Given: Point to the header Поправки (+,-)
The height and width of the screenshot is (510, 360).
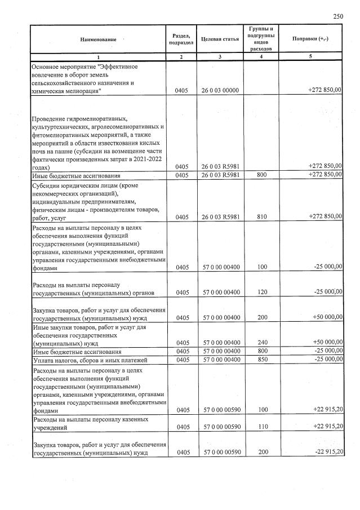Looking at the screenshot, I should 310,39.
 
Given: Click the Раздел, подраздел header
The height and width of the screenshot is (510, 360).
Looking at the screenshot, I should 181,39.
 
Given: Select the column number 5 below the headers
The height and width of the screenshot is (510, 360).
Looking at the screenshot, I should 310,57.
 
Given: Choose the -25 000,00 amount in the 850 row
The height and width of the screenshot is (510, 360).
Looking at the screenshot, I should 326,360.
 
